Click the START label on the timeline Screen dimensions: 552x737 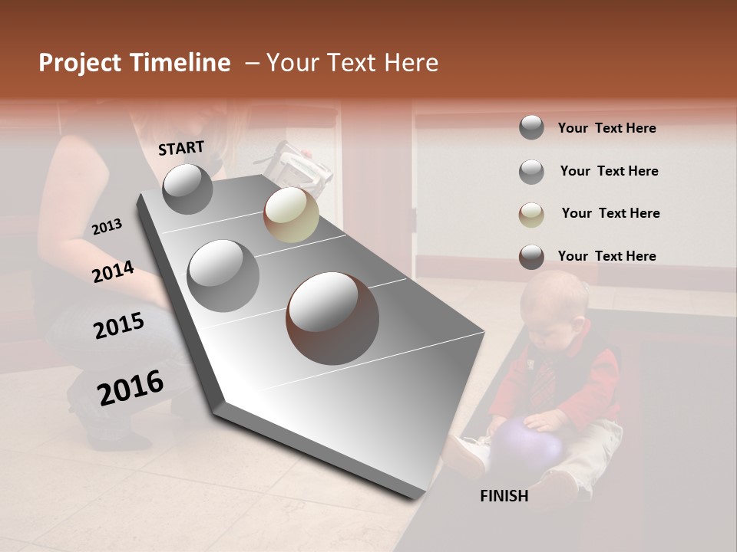tap(181, 148)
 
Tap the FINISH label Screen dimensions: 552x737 tap(504, 496)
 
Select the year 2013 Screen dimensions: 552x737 tap(107, 227)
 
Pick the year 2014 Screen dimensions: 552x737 tap(114, 271)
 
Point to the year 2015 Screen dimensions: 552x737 tap(119, 326)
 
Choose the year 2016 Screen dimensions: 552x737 tap(131, 387)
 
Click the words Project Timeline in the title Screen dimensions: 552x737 tap(134, 63)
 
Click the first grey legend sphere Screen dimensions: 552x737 tap(531, 127)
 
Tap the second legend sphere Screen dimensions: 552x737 tap(531, 172)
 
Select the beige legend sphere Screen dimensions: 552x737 tap(531, 215)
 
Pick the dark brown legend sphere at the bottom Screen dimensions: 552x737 tap(531, 257)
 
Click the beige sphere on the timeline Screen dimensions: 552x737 tap(291, 215)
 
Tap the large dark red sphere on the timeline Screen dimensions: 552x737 tap(332, 318)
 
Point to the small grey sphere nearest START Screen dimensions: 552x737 tap(187, 189)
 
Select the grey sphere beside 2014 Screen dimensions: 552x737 tap(223, 275)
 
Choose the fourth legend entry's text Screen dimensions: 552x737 tap(606, 256)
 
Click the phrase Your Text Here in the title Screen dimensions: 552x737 tap(352, 63)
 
